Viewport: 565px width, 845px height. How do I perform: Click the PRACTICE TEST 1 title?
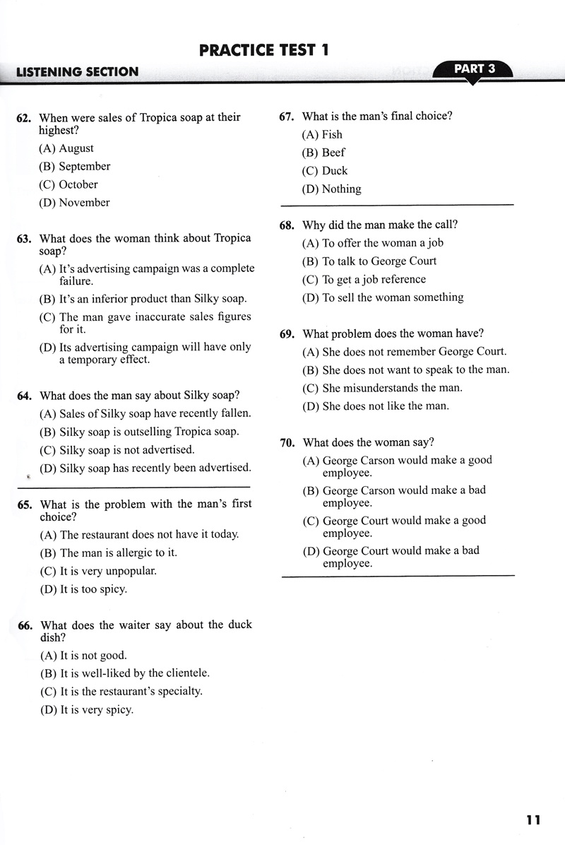264,50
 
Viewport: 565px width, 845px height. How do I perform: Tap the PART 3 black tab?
474,69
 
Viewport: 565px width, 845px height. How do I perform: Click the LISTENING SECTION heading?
78,72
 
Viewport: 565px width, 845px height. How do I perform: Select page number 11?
533,820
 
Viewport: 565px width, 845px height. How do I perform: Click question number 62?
23,118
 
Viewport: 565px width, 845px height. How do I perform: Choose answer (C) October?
69,184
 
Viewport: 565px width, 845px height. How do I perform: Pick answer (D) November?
74,203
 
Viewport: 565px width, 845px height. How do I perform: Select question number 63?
24,239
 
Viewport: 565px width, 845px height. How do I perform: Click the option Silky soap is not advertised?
117,449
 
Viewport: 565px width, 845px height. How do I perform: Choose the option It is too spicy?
83,589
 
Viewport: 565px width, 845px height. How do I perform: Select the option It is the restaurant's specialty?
121,692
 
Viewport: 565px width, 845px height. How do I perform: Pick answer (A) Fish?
322,134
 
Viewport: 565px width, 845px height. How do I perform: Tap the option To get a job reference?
364,279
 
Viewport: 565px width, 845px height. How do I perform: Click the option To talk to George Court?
369,261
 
